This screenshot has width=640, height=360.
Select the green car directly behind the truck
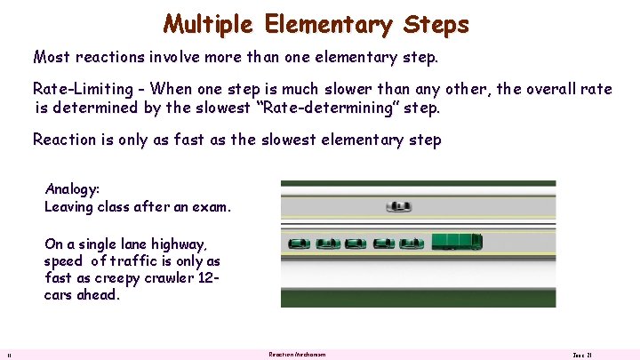coord(412,242)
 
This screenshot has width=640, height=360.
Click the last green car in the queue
coord(299,242)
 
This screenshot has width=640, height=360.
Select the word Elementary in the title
coord(327,24)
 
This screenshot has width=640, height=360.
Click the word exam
coord(214,206)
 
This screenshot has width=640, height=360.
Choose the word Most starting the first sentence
coord(51,58)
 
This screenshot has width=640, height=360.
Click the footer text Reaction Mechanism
coord(297,354)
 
